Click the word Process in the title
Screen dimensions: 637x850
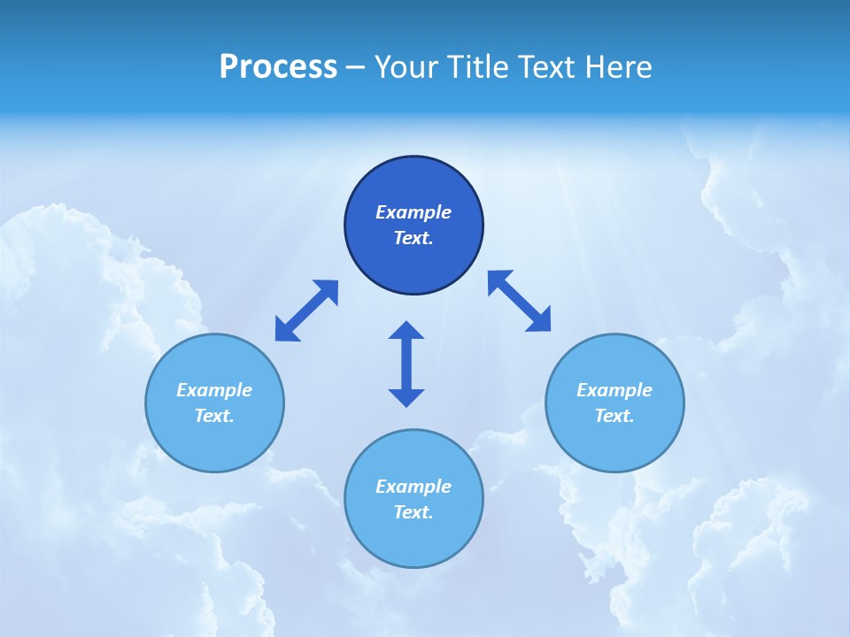278,67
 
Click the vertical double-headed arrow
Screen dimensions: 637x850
406,364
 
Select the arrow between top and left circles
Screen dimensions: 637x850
306,311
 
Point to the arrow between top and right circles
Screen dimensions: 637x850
520,302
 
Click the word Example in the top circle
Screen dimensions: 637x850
413,212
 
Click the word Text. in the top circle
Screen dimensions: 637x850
413,238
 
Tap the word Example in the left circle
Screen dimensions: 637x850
214,390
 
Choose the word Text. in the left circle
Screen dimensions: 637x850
214,416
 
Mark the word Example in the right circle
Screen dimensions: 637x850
614,390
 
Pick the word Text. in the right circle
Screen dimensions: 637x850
614,416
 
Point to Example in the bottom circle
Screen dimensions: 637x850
413,487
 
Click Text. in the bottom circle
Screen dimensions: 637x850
413,512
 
